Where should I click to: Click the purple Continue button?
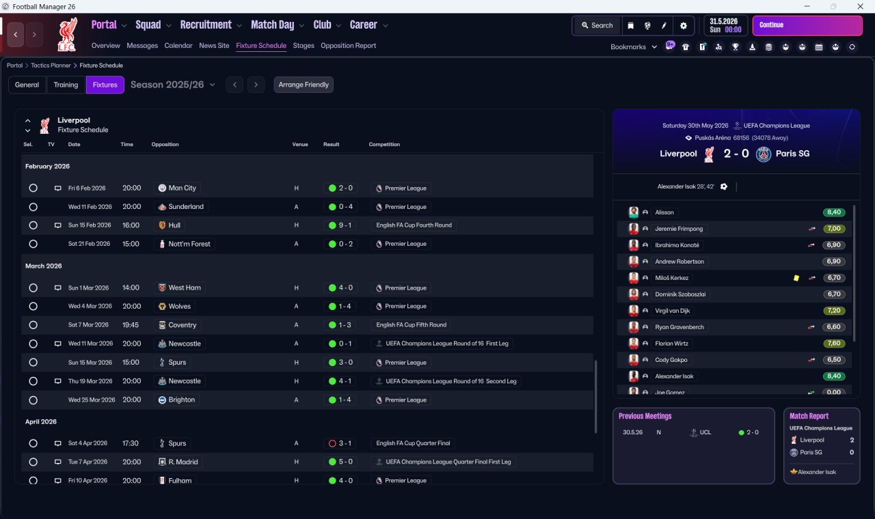coord(807,25)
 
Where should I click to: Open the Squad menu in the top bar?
coord(148,25)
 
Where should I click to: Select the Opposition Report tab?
coord(348,46)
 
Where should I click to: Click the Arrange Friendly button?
coord(304,85)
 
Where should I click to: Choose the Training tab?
coord(66,85)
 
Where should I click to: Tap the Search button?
coord(597,25)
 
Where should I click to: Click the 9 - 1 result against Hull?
coord(340,225)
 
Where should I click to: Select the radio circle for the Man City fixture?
coord(33,188)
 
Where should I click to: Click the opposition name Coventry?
coord(182,325)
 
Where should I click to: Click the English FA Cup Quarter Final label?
coord(413,443)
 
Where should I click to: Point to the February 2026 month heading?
coord(47,166)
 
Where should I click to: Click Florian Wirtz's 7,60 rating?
coord(834,343)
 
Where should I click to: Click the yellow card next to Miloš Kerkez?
coord(796,278)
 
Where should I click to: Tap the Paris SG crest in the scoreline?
coord(764,154)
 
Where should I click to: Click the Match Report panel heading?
coord(809,416)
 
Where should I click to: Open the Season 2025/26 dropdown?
coord(172,85)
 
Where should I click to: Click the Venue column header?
coord(300,145)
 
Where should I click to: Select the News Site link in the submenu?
coord(214,46)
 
